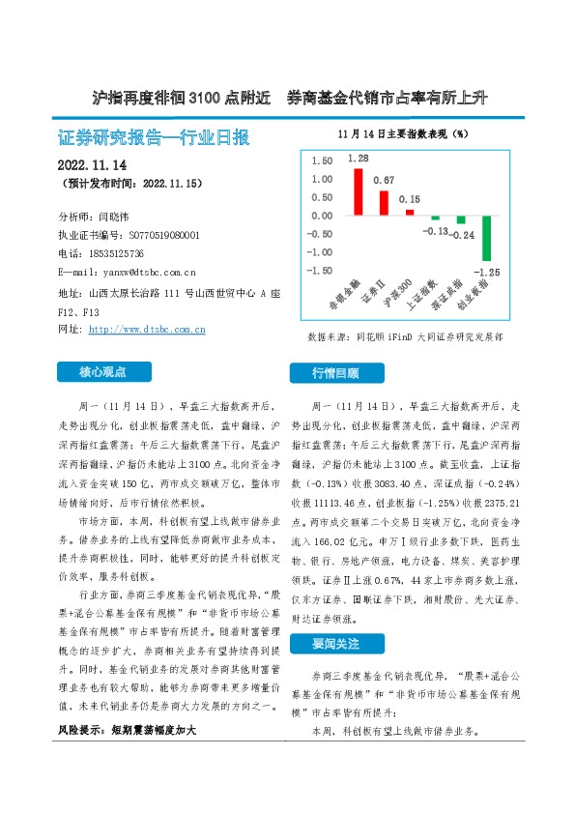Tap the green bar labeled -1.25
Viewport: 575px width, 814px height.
point(487,238)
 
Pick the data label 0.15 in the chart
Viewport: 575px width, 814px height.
point(410,199)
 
